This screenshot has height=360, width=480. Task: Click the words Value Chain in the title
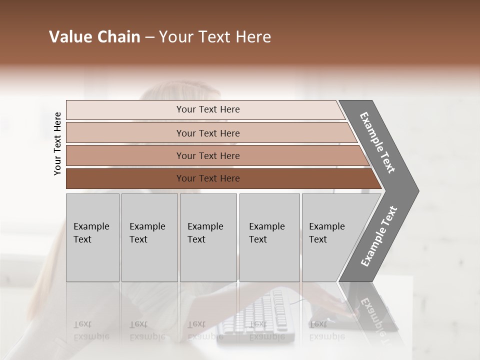pyautogui.click(x=94, y=37)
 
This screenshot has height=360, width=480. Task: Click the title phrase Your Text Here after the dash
pyautogui.click(x=215, y=37)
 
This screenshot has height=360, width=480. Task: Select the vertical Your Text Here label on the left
pyautogui.click(x=57, y=143)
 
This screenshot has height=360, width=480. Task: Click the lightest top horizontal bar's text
pyautogui.click(x=208, y=109)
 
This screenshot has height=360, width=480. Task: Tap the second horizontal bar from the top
pyautogui.click(x=208, y=133)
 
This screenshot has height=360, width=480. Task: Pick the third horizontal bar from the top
pyautogui.click(x=208, y=156)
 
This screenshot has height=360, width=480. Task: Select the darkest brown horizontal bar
pyautogui.click(x=208, y=178)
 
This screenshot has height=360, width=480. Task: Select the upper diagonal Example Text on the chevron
pyautogui.click(x=377, y=142)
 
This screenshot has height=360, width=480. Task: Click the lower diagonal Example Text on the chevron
pyautogui.click(x=379, y=236)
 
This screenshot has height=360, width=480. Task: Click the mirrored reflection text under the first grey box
pyautogui.click(x=91, y=330)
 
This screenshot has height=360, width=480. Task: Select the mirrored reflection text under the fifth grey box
pyautogui.click(x=327, y=330)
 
